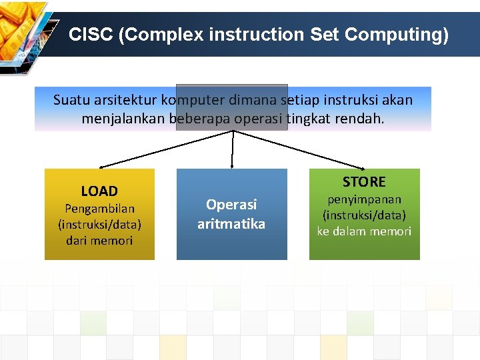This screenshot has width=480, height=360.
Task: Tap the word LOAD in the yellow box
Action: click(99, 191)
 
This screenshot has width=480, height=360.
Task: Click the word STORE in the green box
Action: click(364, 182)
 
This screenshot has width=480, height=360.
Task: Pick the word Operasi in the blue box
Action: click(231, 205)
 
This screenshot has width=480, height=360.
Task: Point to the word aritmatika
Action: click(231, 224)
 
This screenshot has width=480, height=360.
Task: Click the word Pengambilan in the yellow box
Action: click(99, 209)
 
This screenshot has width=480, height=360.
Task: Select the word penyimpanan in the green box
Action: click(364, 199)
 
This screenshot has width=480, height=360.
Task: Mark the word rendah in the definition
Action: click(361, 119)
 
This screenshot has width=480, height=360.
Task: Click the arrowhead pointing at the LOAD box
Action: click(101, 167)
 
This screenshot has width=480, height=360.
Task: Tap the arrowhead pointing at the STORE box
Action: click(362, 167)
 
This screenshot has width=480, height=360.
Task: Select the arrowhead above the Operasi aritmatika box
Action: click(232, 165)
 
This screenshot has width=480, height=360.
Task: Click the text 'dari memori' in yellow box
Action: click(99, 241)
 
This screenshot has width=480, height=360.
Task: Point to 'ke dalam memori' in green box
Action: click(364, 231)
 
